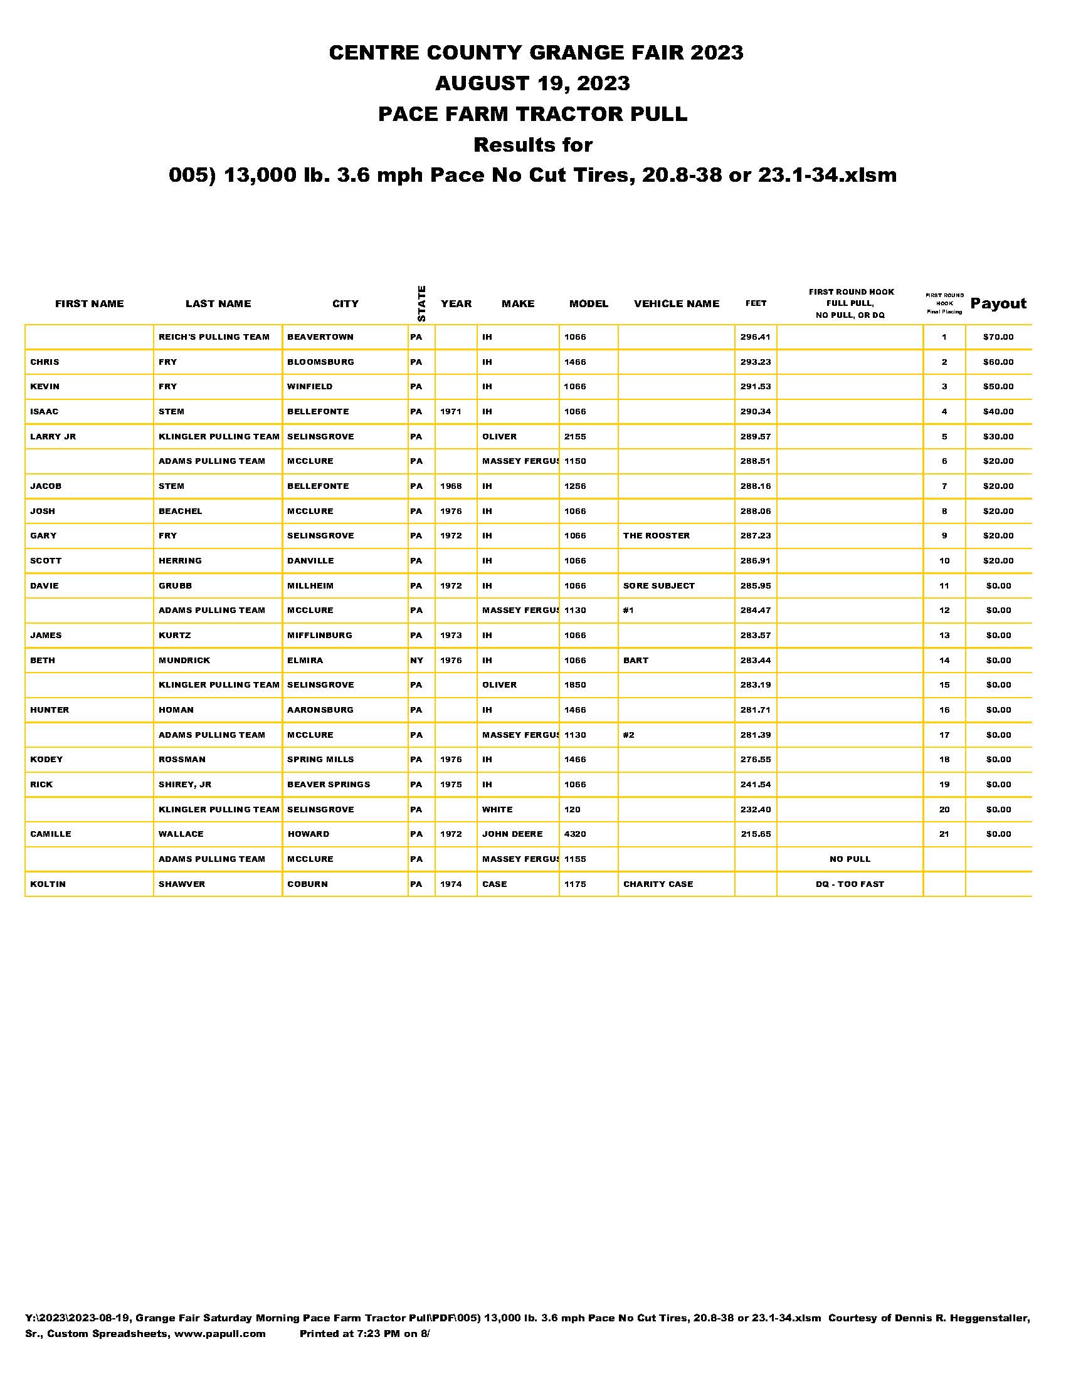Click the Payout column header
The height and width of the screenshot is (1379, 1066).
tap(998, 304)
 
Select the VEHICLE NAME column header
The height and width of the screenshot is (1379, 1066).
tap(677, 304)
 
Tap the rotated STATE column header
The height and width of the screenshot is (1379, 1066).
tap(421, 304)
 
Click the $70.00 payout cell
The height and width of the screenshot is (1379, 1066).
tap(998, 337)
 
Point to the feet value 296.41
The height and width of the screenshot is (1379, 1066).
tap(756, 337)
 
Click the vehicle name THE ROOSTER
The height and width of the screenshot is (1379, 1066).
tap(656, 535)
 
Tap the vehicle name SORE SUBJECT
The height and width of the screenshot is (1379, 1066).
tap(658, 585)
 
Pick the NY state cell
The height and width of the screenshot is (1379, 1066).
tap(416, 661)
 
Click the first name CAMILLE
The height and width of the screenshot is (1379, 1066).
tap(51, 834)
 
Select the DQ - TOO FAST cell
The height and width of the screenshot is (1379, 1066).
tap(850, 884)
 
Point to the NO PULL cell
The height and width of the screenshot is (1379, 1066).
tap(850, 859)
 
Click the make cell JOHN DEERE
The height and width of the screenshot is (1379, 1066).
tap(512, 834)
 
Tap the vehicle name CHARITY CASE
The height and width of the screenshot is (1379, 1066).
tap(658, 884)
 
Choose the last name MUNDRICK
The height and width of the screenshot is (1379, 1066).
tap(184, 661)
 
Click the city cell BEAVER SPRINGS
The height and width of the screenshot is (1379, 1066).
tap(329, 784)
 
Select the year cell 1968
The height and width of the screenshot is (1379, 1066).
tap(451, 486)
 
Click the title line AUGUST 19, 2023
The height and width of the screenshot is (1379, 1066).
tap(532, 83)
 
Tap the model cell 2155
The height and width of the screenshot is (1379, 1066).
tap(574, 436)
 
